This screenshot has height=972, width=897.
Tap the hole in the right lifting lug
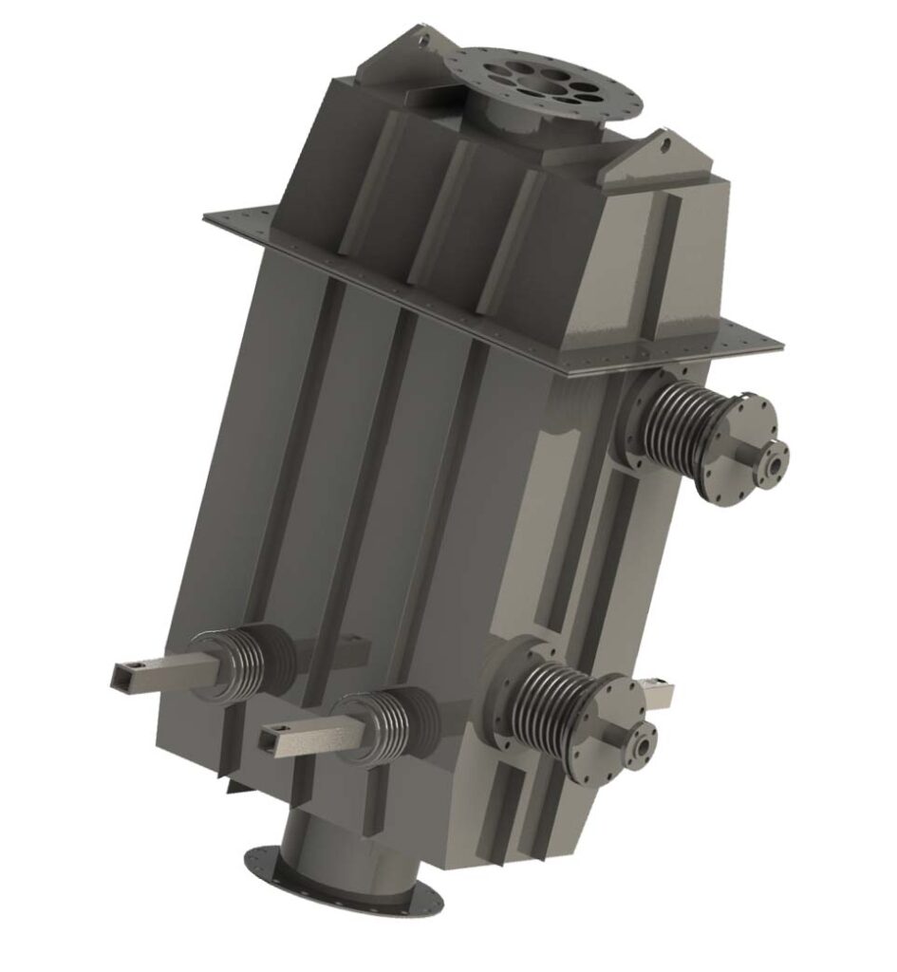665,145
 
